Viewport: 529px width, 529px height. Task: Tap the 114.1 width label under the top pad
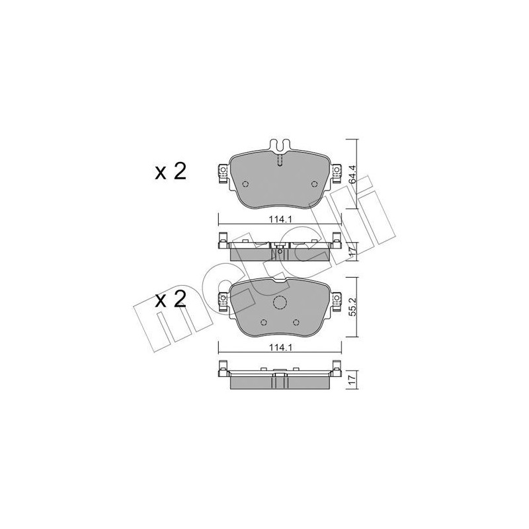(x=280, y=222)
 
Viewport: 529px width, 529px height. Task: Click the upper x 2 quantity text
(x=170, y=173)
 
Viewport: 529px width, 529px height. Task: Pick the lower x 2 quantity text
(x=170, y=300)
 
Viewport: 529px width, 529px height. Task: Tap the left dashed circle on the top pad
(x=246, y=185)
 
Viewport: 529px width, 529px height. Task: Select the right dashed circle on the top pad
(x=314, y=185)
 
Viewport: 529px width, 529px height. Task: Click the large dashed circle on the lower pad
(x=280, y=304)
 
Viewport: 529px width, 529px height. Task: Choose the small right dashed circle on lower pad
(x=298, y=323)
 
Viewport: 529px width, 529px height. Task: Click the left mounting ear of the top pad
(x=222, y=174)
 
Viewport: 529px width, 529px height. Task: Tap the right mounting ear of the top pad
(x=338, y=174)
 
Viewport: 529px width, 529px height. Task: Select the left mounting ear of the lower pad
(x=222, y=302)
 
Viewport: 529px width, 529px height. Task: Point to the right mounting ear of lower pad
(x=338, y=302)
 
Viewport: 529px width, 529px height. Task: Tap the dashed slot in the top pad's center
(x=280, y=161)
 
